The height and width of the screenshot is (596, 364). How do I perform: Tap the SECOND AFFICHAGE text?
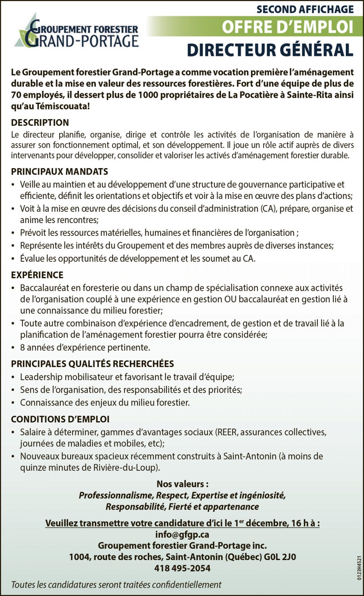[x=305, y=9]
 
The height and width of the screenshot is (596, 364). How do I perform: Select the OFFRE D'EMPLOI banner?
[x=287, y=27]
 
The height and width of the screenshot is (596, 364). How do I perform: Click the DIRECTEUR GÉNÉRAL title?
[x=270, y=50]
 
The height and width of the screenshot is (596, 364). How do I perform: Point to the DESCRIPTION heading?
[x=40, y=123]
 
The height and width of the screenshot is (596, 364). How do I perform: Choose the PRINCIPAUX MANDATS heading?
[x=59, y=172]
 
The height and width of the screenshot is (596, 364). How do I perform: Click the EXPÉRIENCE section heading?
[x=37, y=275]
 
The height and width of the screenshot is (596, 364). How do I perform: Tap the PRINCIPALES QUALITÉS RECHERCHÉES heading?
[x=92, y=364]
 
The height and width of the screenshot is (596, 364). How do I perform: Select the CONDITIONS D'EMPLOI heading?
[x=60, y=419]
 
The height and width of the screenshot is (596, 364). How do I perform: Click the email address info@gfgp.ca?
[x=182, y=535]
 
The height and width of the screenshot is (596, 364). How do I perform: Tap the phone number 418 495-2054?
[x=182, y=568]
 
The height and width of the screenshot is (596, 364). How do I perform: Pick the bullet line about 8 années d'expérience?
[x=85, y=347]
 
